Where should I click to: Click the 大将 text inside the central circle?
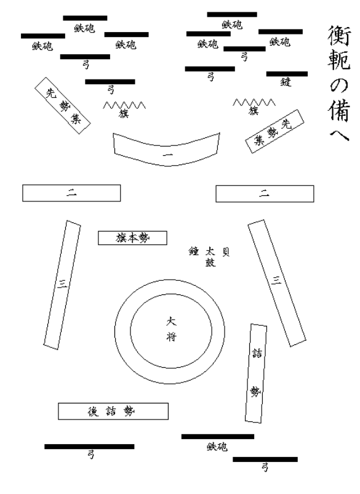click(x=172, y=329)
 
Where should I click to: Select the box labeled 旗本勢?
click(x=132, y=238)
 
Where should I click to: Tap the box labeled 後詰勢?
click(x=113, y=411)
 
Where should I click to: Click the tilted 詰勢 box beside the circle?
click(x=256, y=373)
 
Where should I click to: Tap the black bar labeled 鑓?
click(x=287, y=74)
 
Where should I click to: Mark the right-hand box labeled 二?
click(x=265, y=193)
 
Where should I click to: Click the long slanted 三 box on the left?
click(x=62, y=283)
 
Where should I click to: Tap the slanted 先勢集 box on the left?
click(x=63, y=104)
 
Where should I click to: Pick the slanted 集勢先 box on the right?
click(x=274, y=131)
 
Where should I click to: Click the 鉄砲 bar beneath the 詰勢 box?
click(x=217, y=437)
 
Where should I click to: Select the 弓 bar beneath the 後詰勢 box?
click(x=89, y=447)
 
